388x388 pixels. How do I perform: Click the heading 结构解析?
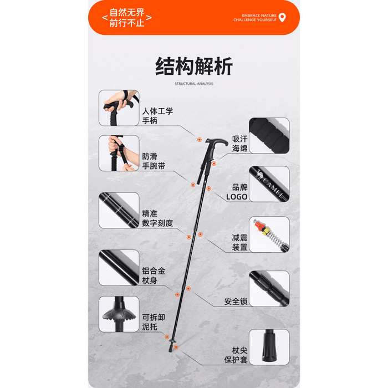point(194,66)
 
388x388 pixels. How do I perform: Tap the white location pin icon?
point(282,17)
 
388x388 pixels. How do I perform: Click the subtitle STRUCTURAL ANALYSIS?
point(194,84)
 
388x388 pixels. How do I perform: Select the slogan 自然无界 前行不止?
point(127,18)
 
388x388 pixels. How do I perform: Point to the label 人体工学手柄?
point(157,116)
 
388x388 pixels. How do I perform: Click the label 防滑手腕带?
point(154,161)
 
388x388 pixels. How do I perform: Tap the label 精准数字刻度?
point(157,218)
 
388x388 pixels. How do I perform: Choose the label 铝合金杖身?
point(154,275)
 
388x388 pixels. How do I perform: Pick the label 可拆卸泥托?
point(154,322)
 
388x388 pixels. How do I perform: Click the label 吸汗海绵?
point(239,144)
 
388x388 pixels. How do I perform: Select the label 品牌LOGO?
point(237,192)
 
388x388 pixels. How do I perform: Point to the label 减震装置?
point(239,243)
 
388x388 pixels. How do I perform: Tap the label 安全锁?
point(236,302)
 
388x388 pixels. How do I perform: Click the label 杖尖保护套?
point(236,355)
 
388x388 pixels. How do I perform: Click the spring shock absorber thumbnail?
point(269,234)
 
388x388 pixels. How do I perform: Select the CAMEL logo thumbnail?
point(269,184)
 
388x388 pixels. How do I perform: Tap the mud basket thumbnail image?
point(119,314)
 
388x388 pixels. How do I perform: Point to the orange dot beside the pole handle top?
point(199,140)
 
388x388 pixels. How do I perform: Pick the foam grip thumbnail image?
point(269,136)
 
